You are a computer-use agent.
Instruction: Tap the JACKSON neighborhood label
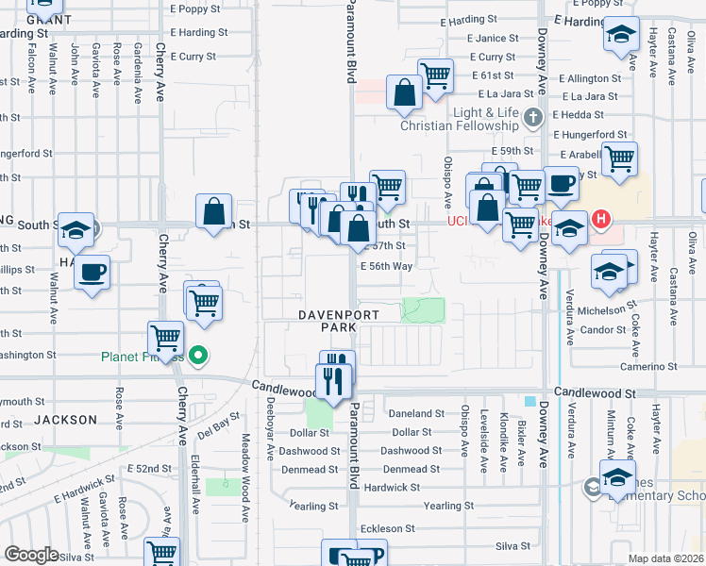coord(66,419)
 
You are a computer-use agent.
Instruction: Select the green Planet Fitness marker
coord(198,356)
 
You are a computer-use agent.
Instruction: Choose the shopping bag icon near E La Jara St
coord(404,94)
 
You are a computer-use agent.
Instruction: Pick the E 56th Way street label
coord(387,266)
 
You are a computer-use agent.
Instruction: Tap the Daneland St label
coord(415,413)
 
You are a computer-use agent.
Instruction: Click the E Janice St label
coord(492,39)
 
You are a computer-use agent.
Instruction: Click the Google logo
coord(31,555)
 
